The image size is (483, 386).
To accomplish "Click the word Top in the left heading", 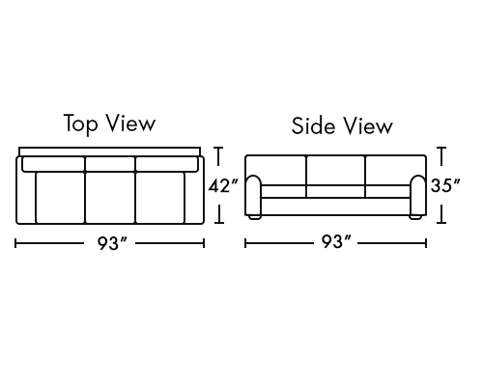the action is click(x=80, y=124).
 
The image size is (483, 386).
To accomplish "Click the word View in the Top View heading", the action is click(x=131, y=123).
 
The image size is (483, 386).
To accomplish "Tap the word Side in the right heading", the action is click(x=313, y=125).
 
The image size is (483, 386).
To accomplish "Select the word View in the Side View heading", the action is click(x=368, y=125).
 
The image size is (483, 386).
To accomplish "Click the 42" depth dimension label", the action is click(x=223, y=185).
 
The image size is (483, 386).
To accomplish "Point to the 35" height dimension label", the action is click(x=445, y=185).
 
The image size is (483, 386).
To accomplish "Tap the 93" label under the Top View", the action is click(x=112, y=243).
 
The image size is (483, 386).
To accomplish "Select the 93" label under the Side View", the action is click(x=336, y=241).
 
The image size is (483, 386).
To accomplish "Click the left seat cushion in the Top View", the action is click(x=60, y=198).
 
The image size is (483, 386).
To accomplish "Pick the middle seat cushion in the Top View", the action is click(x=110, y=198).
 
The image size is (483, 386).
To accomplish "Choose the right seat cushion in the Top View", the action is click(x=160, y=198).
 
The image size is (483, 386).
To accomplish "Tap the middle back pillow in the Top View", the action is click(x=110, y=164).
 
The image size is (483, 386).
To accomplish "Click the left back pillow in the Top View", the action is click(x=54, y=164).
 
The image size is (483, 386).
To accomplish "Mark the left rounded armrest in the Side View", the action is click(x=254, y=195).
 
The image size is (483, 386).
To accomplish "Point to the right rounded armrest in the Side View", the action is click(x=418, y=195).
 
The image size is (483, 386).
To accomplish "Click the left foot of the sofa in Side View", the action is click(x=255, y=217).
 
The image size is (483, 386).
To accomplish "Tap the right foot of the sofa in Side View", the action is click(x=415, y=217).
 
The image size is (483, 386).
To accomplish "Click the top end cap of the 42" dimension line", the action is click(x=219, y=148).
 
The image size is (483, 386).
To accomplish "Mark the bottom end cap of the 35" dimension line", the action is click(x=441, y=222).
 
